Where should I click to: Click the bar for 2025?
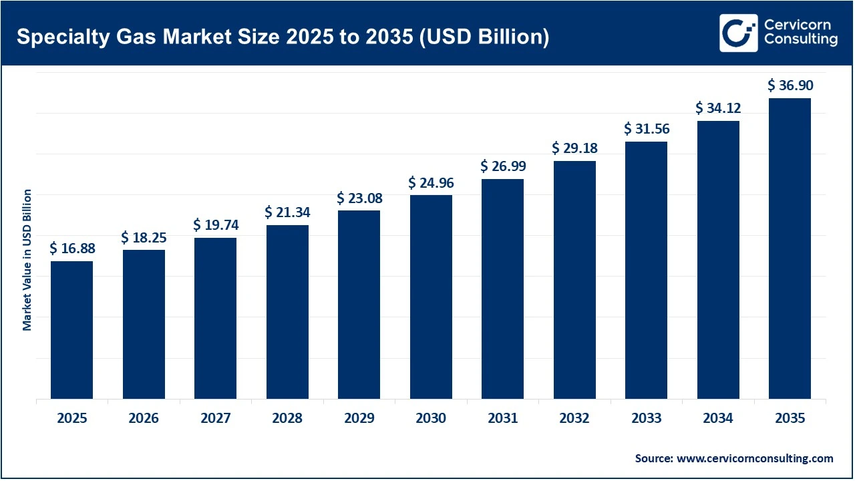[71, 330]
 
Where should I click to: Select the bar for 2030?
[431, 297]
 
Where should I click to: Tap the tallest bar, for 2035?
[790, 249]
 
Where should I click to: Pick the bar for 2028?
[287, 312]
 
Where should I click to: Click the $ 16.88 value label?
[72, 249]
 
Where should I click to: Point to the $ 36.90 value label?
[790, 86]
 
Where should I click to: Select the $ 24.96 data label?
[431, 182]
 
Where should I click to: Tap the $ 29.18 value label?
[574, 148]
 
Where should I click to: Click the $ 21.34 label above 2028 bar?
[287, 212]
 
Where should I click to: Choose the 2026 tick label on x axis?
[144, 418]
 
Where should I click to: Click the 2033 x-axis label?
[647, 418]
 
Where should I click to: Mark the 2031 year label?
[502, 418]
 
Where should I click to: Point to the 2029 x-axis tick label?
[359, 418]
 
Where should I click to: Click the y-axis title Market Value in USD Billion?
[27, 260]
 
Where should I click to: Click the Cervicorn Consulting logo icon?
[738, 33]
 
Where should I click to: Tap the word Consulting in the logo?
[800, 40]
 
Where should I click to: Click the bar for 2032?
[574, 280]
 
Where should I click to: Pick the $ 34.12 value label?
[718, 108]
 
